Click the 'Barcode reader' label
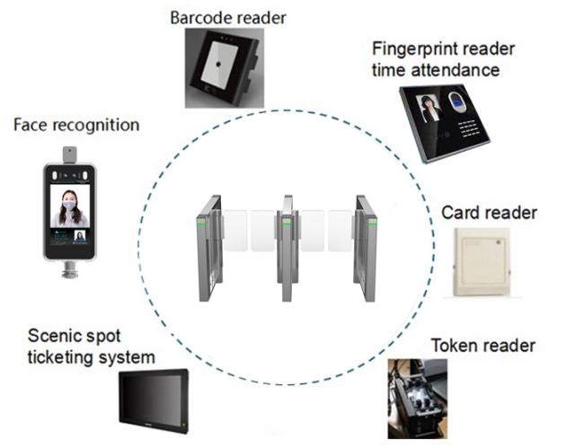(x=228, y=18)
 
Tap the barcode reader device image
(x=225, y=68)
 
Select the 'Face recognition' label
(x=76, y=125)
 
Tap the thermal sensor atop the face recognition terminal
(x=70, y=154)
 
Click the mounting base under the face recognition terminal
(x=70, y=269)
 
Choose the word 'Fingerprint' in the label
(x=412, y=49)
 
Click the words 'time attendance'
(x=436, y=70)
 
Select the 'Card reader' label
(x=489, y=213)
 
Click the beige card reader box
(x=482, y=262)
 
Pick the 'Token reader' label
(x=483, y=346)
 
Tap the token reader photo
(x=418, y=399)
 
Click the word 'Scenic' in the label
(x=53, y=336)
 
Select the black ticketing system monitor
(x=154, y=400)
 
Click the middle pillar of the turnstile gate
(x=288, y=248)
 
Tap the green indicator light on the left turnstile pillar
(x=202, y=224)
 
